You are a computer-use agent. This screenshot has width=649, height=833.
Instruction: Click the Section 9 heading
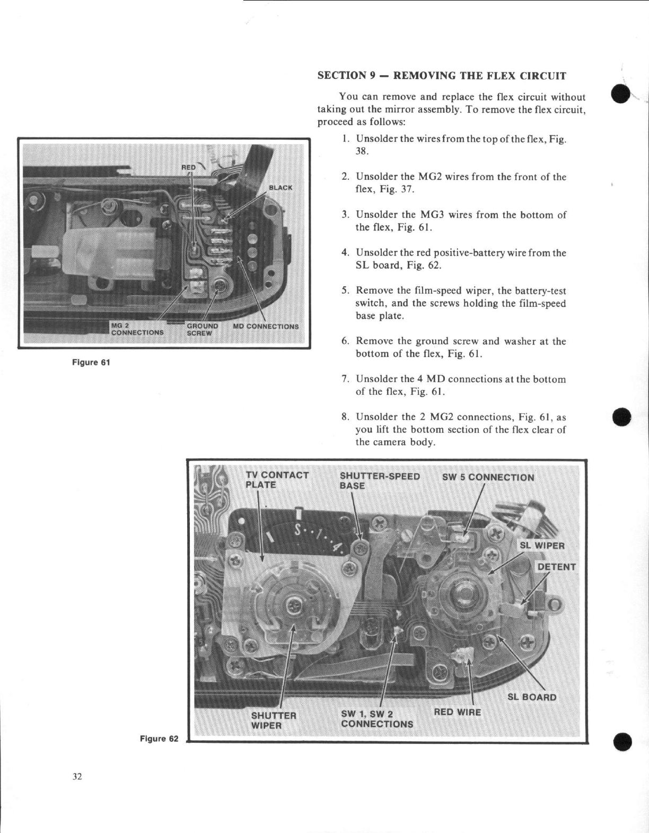(442, 75)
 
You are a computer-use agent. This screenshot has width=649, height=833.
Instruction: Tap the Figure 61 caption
(91, 362)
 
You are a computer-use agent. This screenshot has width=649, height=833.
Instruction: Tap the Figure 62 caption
(159, 739)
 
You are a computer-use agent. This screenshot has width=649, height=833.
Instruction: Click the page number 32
(77, 777)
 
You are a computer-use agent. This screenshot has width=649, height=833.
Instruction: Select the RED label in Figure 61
(189, 167)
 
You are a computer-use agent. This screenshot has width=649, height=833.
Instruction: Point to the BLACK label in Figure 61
(280, 188)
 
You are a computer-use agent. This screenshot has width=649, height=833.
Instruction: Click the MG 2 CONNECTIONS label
(137, 329)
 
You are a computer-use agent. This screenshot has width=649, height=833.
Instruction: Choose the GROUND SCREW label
(202, 330)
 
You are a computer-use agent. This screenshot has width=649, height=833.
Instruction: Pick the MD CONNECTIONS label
(266, 326)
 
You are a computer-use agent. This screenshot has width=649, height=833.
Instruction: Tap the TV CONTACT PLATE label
(277, 480)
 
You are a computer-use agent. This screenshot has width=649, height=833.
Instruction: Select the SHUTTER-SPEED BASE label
(379, 481)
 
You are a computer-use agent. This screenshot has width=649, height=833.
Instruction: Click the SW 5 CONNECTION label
(488, 477)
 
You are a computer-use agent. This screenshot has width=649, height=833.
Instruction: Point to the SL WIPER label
(542, 546)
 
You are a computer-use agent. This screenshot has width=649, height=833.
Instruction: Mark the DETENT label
(556, 567)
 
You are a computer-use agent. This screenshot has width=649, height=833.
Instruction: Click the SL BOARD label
(532, 697)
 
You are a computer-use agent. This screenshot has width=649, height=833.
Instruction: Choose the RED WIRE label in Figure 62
(457, 712)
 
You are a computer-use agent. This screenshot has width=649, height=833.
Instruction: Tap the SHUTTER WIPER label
(273, 720)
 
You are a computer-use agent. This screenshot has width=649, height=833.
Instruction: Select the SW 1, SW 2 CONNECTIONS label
(376, 719)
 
